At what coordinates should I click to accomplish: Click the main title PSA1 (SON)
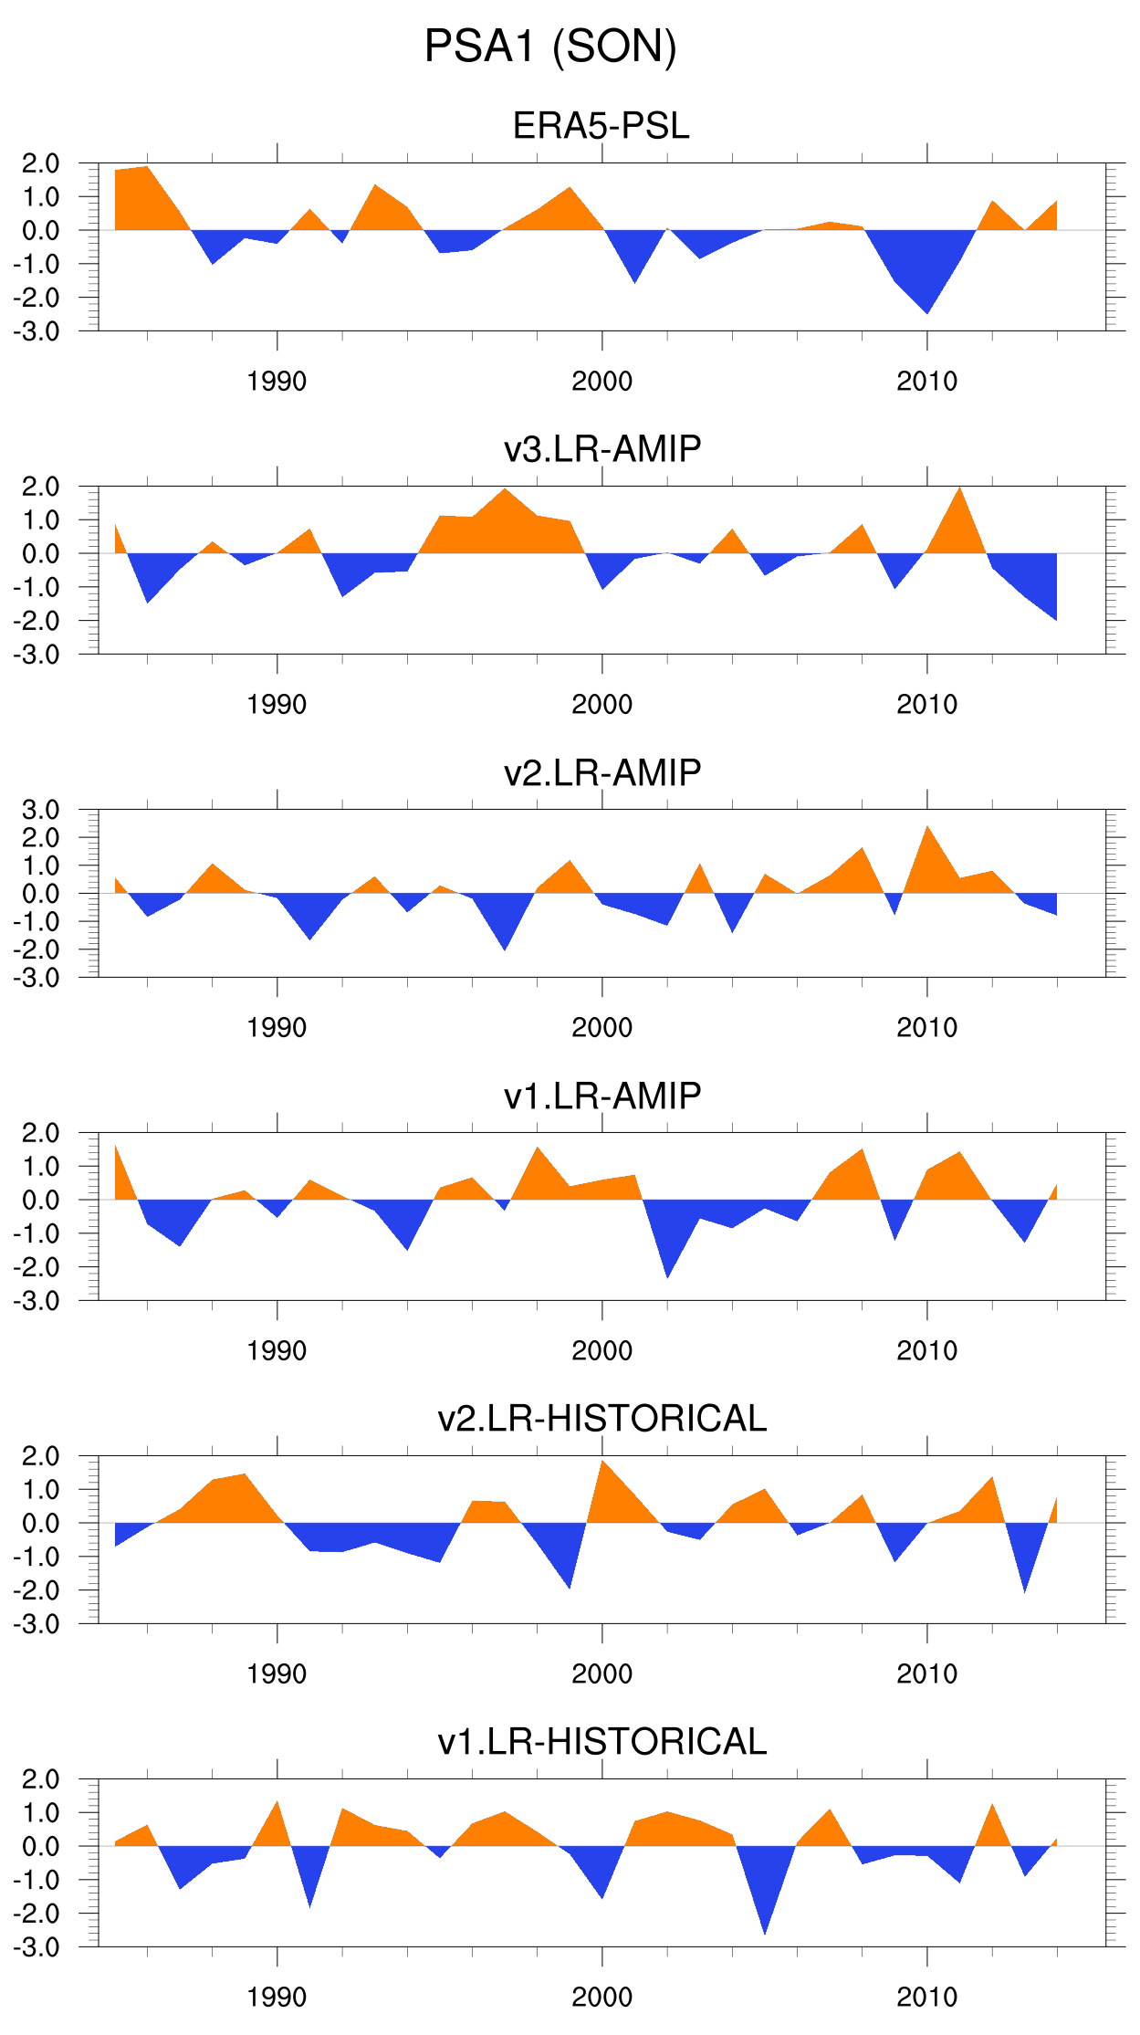[550, 47]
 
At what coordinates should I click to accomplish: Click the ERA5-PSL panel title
[601, 126]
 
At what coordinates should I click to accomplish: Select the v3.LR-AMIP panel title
[602, 449]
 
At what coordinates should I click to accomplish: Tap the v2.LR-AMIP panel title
[602, 772]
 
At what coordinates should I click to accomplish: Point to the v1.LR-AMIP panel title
[602, 1096]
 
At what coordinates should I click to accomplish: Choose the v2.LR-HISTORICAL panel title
[602, 1419]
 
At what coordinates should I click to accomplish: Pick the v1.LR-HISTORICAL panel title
[602, 1742]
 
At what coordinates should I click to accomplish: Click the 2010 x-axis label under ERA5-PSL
[926, 382]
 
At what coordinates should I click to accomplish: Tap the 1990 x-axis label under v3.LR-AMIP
[277, 705]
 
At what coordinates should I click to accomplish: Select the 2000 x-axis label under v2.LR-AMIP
[601, 1028]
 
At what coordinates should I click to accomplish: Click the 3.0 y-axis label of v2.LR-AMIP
[41, 810]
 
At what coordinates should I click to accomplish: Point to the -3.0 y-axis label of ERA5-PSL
[37, 331]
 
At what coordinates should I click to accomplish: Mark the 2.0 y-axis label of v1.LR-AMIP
[41, 1133]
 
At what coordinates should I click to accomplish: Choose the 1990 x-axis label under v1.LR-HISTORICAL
[277, 1998]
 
